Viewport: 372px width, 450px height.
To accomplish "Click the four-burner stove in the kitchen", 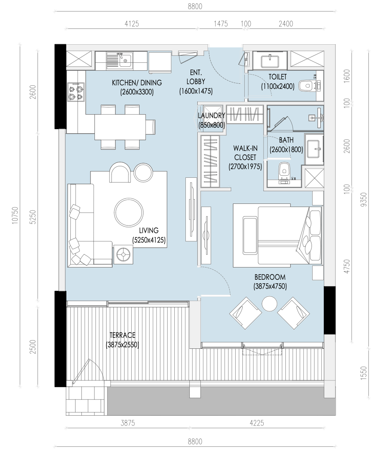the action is pos(76,92).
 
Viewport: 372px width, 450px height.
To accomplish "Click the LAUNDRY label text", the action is pos(211,115).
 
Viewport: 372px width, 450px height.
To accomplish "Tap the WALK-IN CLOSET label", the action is pos(245,153).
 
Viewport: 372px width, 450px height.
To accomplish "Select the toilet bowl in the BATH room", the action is pos(284,169).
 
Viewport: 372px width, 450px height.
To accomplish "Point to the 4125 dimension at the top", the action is pos(132,24).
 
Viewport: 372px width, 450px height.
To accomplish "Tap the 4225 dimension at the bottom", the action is pos(257,423).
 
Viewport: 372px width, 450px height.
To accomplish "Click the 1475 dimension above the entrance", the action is pos(221,24).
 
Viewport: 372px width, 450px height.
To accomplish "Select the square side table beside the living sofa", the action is pos(123,254).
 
